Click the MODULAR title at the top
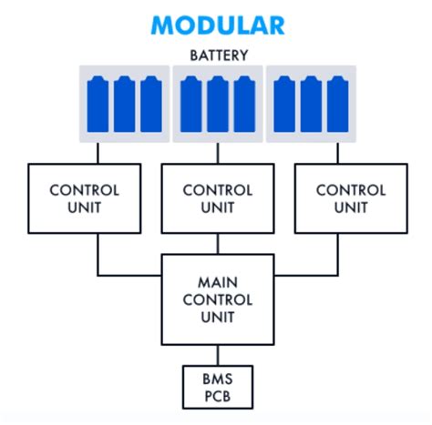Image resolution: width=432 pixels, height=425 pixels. pos(217,25)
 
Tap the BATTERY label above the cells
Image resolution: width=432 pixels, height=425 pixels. pos(217,55)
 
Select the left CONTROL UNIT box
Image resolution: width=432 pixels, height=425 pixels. pos(85,198)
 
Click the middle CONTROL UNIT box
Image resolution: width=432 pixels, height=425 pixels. pos(217,198)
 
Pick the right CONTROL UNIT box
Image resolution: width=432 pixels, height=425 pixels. pos(350,198)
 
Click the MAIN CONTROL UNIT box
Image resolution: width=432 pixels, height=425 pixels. pos(217,299)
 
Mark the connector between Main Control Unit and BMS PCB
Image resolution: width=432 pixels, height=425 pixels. pos(217,354)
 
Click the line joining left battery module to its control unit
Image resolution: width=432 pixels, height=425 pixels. pos(98,153)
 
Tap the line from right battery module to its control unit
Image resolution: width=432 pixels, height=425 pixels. pos(337,153)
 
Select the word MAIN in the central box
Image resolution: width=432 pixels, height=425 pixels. pos(217,281)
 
